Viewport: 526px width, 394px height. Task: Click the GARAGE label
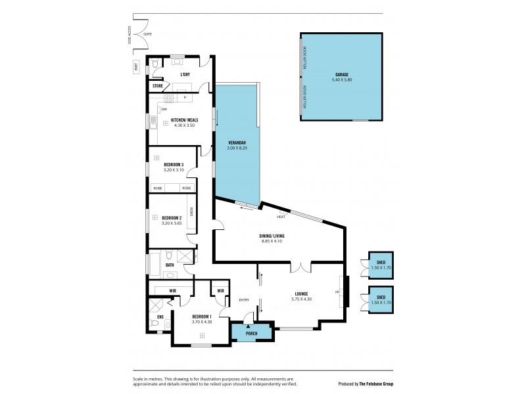tap(341, 76)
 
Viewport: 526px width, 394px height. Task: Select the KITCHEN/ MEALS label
tap(181, 120)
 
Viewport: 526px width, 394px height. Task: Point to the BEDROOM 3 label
tap(174, 164)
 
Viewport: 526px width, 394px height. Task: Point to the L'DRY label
tap(185, 74)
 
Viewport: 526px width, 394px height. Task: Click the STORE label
tap(158, 86)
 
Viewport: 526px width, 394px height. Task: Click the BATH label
tap(170, 265)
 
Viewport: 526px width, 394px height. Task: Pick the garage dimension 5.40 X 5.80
tap(341, 81)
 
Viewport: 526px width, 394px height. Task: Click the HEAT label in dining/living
tap(281, 216)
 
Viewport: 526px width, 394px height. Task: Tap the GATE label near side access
tap(147, 33)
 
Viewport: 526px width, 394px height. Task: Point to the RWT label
tap(137, 66)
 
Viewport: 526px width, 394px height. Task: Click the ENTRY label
tap(244, 300)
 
